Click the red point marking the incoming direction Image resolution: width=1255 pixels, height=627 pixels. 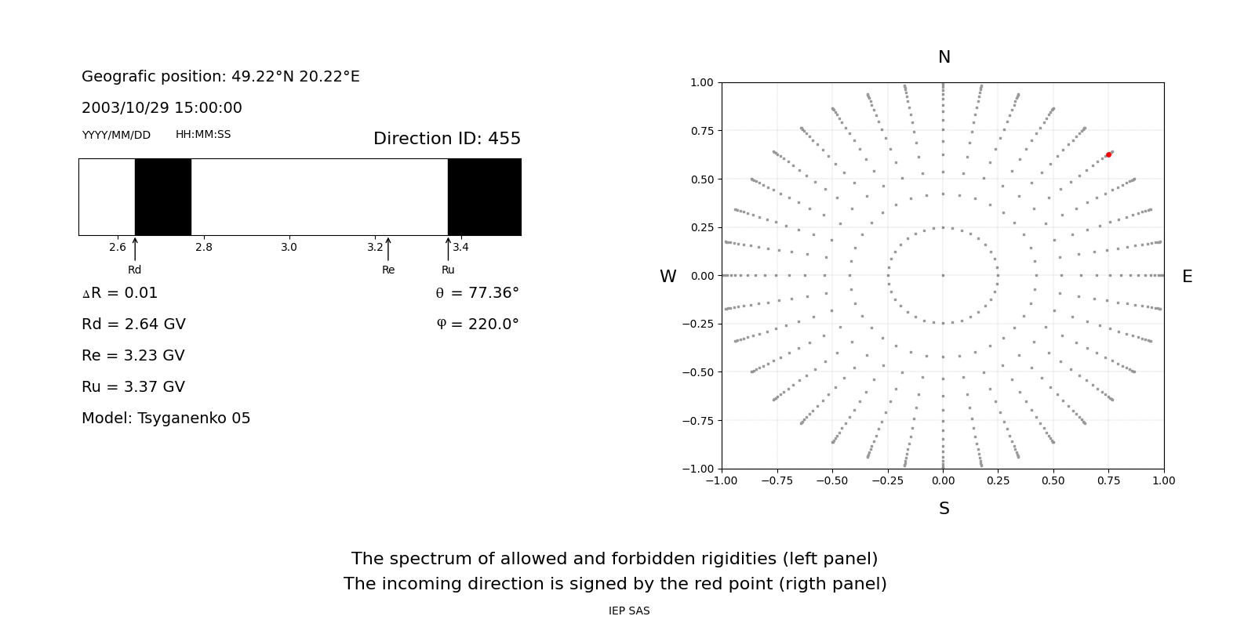click(1108, 155)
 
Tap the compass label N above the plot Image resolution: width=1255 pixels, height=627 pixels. click(944, 57)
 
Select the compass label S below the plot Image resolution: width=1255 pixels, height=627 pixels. click(944, 509)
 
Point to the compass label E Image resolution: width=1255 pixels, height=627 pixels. click(1187, 277)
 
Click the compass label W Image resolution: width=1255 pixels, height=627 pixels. click(668, 277)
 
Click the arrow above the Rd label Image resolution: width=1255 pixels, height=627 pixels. click(135, 248)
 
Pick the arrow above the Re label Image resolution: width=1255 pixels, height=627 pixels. click(388, 248)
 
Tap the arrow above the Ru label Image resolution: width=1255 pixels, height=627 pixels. click(448, 248)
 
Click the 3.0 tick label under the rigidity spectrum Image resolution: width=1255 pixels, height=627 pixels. click(289, 247)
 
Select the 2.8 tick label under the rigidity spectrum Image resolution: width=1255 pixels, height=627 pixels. click(203, 247)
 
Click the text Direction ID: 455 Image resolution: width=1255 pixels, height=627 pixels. click(447, 139)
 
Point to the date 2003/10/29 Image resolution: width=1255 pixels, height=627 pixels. click(122, 108)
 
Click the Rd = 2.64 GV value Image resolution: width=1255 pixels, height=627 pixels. click(133, 324)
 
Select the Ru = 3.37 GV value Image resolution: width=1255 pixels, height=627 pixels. click(133, 387)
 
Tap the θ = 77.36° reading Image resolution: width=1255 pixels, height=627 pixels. click(477, 293)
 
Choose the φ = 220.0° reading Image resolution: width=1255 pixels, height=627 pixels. click(477, 324)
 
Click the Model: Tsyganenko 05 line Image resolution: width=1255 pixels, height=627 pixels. click(166, 419)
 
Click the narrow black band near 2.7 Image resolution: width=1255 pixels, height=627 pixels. click(163, 197)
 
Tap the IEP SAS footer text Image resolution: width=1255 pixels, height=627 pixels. click(629, 611)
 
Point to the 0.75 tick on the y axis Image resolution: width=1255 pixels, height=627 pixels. click(701, 131)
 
